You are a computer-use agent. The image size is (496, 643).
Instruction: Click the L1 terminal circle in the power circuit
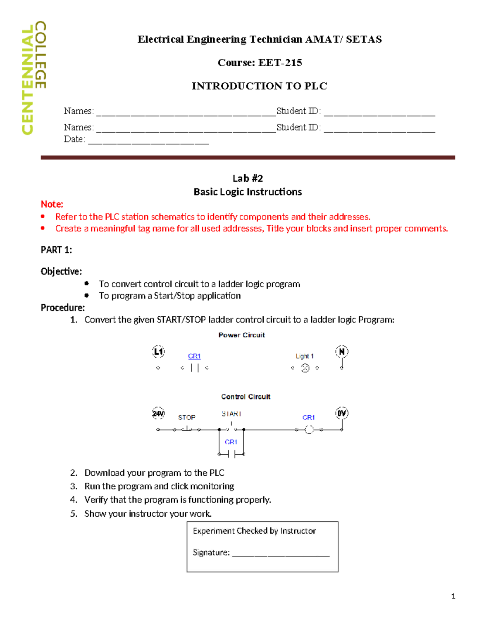158,352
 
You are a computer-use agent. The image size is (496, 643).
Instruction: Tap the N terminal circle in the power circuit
341,352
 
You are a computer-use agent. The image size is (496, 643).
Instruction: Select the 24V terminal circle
158,413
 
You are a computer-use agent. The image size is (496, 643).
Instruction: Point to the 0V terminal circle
341,413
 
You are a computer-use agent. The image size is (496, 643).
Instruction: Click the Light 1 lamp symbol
305,368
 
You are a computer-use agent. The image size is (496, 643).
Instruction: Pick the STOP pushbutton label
186,417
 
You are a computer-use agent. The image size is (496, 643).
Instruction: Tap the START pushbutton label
231,414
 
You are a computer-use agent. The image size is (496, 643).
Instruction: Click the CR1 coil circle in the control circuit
309,430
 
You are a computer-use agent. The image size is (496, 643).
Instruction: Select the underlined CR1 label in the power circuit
194,356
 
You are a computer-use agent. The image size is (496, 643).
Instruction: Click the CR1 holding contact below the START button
231,454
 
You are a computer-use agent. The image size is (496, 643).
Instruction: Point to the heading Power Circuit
241,335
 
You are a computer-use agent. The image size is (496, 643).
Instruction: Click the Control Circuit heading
246,397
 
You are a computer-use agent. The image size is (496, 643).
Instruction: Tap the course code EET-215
280,63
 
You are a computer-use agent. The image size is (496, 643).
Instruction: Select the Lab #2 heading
248,178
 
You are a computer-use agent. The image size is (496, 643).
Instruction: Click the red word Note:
52,204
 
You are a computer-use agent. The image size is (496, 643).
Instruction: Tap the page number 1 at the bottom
453,596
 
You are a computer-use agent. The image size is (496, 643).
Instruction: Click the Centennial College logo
34,78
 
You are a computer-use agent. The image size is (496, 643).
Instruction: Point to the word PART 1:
56,250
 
